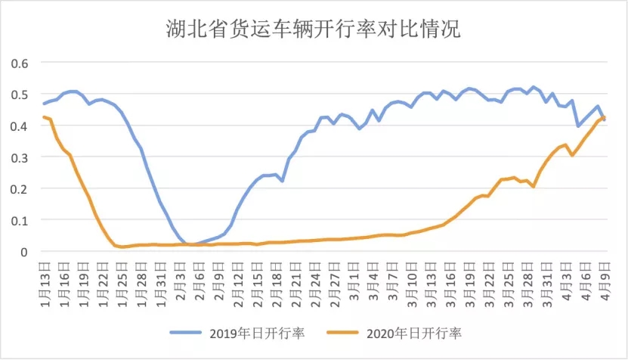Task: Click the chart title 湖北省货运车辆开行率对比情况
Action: (x=314, y=29)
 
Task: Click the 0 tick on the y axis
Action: (x=24, y=252)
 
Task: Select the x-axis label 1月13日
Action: (x=45, y=281)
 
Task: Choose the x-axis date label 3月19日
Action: (x=469, y=281)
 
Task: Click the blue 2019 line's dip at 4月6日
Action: (x=579, y=126)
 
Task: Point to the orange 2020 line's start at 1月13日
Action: (x=45, y=117)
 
